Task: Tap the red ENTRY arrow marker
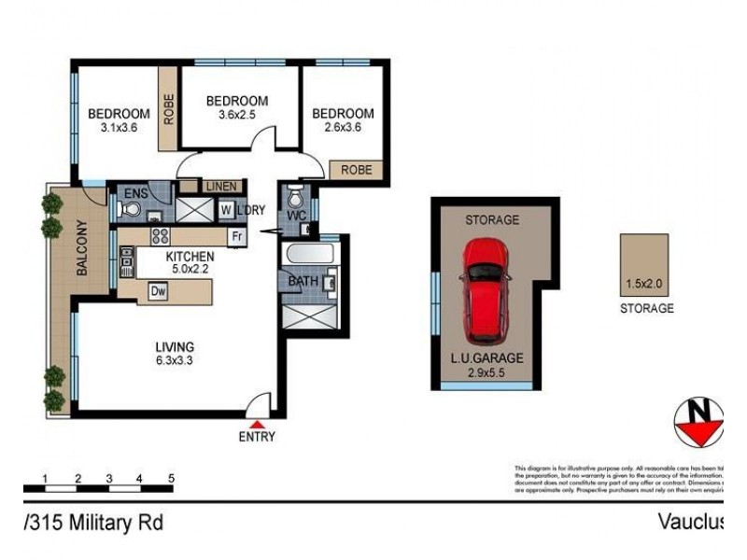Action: point(257,425)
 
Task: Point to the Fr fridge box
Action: point(238,237)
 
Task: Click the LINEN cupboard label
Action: point(220,186)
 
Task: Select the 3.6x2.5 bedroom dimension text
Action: point(237,115)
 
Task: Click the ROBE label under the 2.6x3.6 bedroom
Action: point(356,171)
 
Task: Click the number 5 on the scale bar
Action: point(171,478)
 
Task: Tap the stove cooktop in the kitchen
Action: point(160,237)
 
